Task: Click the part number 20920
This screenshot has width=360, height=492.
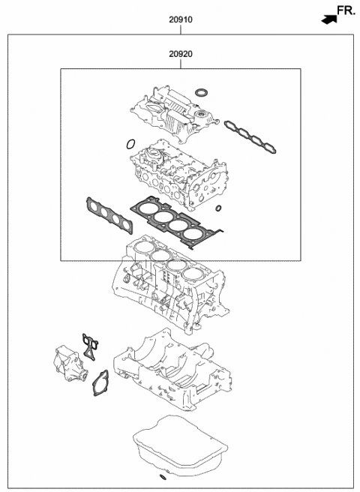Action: click(x=179, y=55)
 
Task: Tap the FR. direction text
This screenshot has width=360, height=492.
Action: click(x=344, y=10)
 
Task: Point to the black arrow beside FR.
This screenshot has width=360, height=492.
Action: click(x=328, y=19)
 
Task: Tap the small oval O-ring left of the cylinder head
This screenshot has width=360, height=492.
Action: click(x=130, y=142)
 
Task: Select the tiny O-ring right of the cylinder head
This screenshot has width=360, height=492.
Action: click(x=218, y=208)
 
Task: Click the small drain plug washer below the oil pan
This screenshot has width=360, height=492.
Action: click(x=163, y=476)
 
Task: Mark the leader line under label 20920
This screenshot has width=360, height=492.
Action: click(x=179, y=64)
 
